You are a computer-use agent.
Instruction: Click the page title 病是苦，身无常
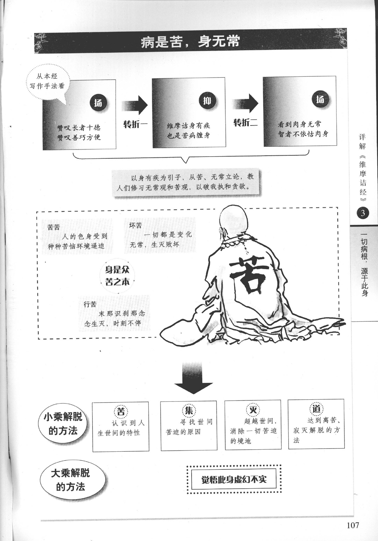tap(190, 42)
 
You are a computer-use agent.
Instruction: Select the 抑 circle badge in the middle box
tap(207, 101)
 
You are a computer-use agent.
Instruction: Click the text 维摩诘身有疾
tap(189, 126)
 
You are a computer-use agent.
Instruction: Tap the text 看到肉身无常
tap(299, 124)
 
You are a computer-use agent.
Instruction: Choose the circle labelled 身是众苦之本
tap(117, 276)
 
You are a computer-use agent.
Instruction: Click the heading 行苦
tap(90, 304)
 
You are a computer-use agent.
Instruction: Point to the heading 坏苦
tap(136, 225)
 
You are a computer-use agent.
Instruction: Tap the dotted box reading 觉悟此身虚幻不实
tap(234, 479)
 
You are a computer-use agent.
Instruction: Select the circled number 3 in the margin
tap(362, 213)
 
